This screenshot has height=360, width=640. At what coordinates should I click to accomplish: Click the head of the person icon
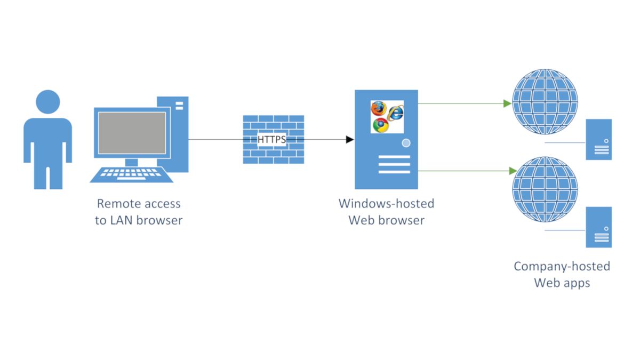(47, 102)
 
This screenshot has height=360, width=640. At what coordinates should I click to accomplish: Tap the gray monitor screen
(130, 133)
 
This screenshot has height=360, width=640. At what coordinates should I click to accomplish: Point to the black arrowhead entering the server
(350, 140)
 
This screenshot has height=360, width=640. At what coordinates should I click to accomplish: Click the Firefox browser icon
(378, 108)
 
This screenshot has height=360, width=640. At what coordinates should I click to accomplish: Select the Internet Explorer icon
(395, 113)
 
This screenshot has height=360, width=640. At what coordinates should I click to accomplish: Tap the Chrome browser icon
(380, 125)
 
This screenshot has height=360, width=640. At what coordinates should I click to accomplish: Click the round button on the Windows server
(406, 143)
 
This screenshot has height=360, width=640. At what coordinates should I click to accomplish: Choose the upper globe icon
(544, 102)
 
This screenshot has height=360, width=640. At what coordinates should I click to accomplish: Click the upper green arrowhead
(507, 103)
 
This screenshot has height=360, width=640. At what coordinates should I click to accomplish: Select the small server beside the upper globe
(598, 140)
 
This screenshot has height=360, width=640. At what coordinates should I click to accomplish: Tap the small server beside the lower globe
(598, 227)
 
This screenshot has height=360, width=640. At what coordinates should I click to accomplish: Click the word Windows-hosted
(386, 204)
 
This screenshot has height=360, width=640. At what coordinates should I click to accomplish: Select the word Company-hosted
(562, 266)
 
